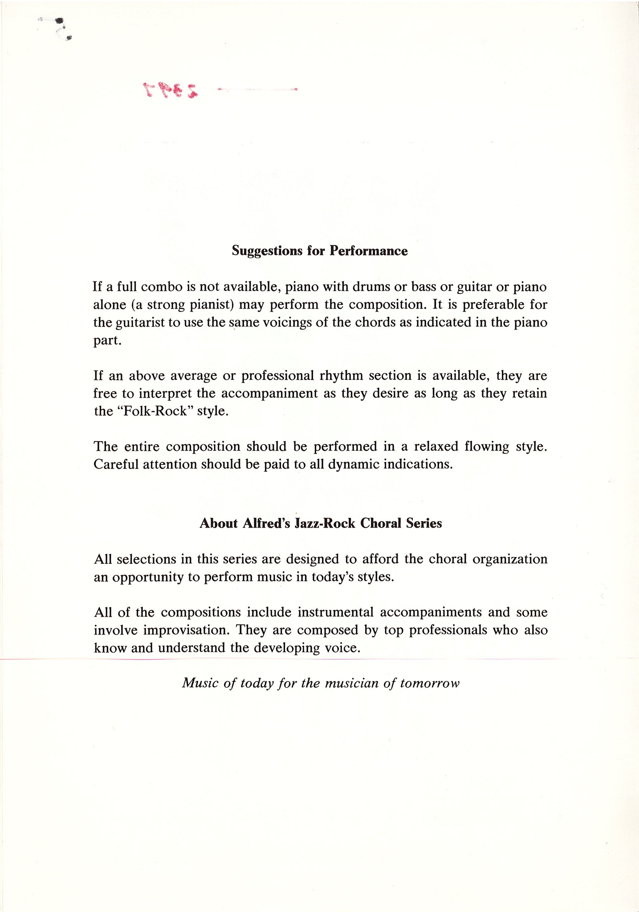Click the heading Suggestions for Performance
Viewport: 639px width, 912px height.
click(x=320, y=251)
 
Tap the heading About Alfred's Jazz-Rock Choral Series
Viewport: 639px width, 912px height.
click(x=321, y=523)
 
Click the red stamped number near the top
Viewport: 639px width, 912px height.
click(x=170, y=90)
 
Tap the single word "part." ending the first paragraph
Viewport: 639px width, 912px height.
click(x=107, y=341)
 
